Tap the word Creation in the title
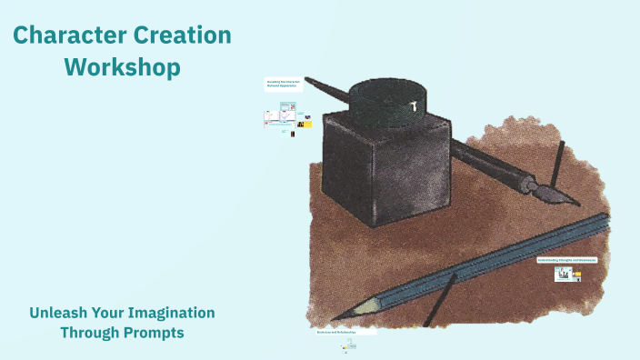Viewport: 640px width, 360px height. tap(186, 36)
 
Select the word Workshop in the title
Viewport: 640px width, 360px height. tap(122, 68)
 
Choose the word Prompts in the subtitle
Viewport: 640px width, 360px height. tap(155, 333)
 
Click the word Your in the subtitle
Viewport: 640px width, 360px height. tap(109, 313)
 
